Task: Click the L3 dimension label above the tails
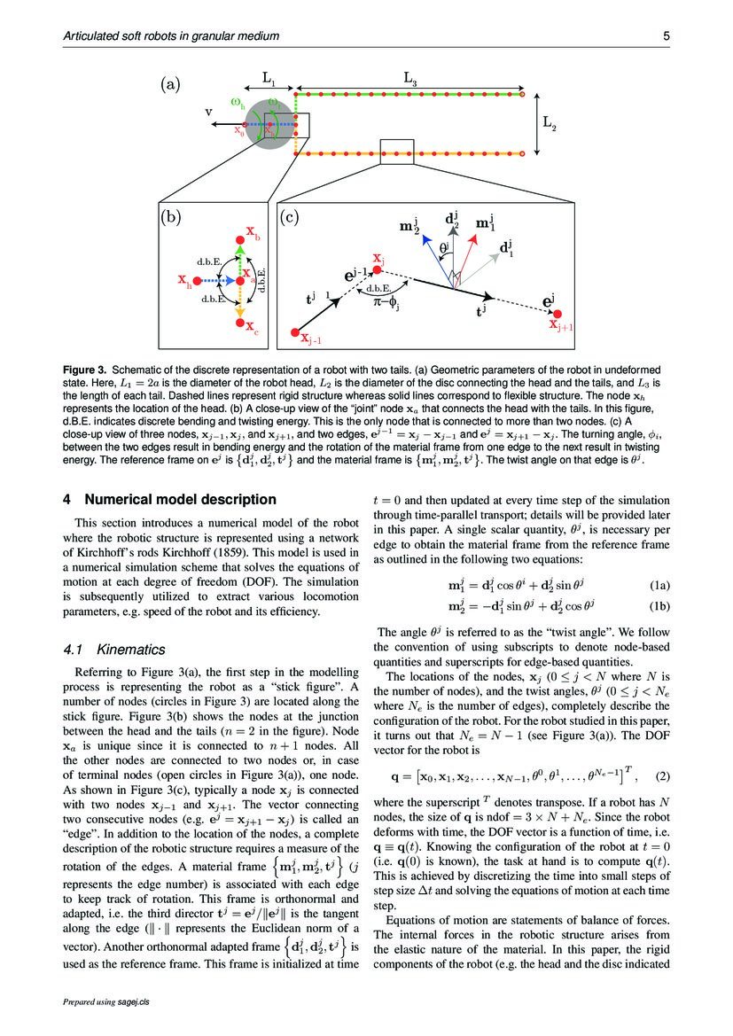410,79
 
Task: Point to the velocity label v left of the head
207,113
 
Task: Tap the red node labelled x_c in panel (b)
239,325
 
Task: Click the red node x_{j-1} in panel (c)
294,332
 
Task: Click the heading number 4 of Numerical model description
66,499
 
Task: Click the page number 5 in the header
666,36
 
